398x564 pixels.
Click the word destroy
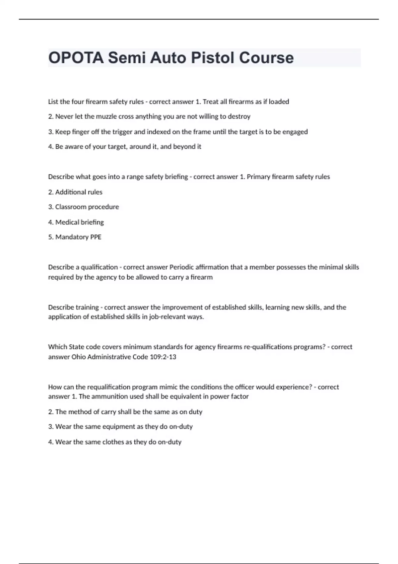239,116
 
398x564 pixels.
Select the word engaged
295,132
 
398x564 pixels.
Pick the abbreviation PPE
96,237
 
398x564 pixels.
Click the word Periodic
181,267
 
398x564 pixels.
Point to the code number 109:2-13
163,357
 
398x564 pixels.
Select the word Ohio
79,357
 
